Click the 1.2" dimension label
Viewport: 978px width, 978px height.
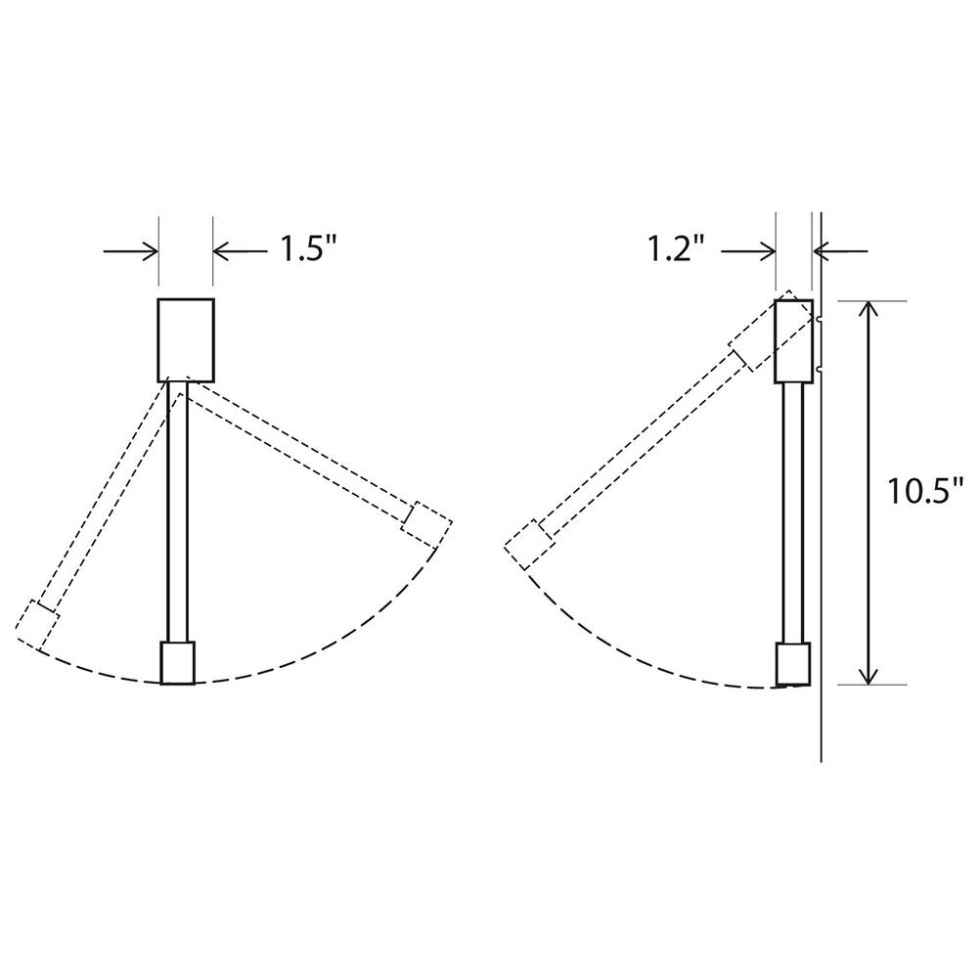click(675, 251)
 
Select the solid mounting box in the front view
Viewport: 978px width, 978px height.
click(186, 338)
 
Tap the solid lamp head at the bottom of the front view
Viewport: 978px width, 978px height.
click(178, 662)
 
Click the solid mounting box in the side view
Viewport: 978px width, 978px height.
click(794, 340)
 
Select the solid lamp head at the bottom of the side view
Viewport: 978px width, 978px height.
click(793, 664)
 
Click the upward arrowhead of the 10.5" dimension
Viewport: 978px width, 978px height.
click(867, 311)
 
